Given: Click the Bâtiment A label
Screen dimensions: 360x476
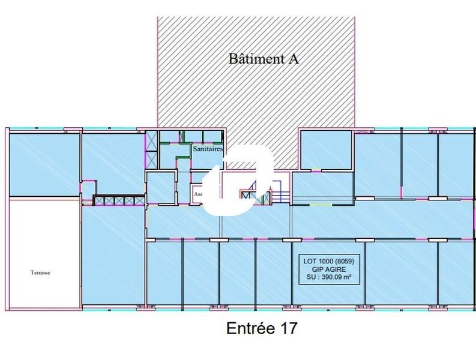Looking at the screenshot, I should (x=263, y=59).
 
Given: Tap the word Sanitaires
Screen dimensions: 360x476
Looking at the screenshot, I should (x=208, y=148).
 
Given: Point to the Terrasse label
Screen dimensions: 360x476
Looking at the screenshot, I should (x=41, y=272).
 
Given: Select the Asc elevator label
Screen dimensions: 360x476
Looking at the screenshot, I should (x=198, y=194).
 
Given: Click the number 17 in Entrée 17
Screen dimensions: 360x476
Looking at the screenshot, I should (x=286, y=329).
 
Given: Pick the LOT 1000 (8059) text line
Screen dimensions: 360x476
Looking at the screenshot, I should (x=328, y=261).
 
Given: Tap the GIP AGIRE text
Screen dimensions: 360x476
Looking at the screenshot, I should (x=328, y=270).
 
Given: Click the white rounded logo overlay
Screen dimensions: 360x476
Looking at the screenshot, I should (x=238, y=181).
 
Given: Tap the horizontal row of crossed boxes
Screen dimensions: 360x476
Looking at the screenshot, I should (x=118, y=200).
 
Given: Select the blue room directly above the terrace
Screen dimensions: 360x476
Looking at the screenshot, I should (x=43, y=164).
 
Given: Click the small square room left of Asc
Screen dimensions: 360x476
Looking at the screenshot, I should (x=161, y=188).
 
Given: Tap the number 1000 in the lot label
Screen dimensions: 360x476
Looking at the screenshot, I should (x=324, y=261).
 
